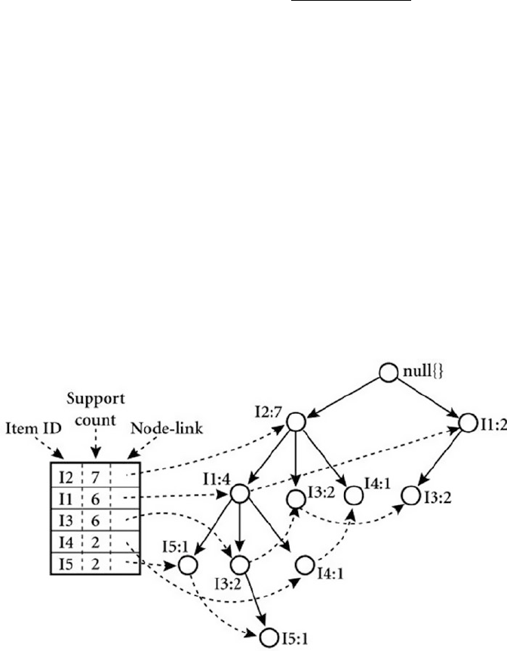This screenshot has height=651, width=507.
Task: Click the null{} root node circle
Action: [388, 372]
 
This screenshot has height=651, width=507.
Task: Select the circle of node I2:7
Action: [295, 422]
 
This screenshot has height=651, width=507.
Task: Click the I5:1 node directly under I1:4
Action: [187, 564]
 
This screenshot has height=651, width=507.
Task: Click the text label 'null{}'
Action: [419, 372]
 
